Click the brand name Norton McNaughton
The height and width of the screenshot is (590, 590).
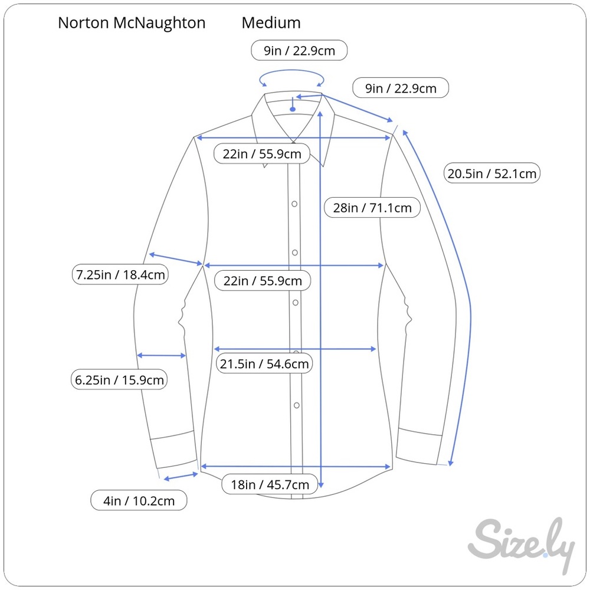point(132,23)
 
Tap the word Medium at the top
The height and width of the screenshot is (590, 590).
point(271,23)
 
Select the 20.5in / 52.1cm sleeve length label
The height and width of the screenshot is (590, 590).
point(492,173)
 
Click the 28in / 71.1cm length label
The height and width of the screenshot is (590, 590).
point(372,207)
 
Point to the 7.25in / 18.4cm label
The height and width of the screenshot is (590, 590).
point(120,274)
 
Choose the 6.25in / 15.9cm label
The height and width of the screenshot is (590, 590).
point(119,379)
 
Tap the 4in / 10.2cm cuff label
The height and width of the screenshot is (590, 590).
point(139,500)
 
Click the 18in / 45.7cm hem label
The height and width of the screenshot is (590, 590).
point(270,484)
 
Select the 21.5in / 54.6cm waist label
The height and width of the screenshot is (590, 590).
point(264,363)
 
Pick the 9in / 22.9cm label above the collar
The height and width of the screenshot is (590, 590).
point(299,50)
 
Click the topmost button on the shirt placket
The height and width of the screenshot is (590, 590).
point(294,204)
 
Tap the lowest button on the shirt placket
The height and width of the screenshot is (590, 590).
point(297,405)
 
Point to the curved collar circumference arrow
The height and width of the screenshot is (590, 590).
point(291,70)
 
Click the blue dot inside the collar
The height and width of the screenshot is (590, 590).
point(293,109)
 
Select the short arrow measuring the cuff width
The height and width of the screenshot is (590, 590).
point(181,477)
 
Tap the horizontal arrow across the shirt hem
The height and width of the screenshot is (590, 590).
point(296,467)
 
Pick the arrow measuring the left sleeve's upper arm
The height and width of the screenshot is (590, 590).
point(176,260)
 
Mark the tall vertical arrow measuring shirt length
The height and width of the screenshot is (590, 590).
point(320,300)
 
